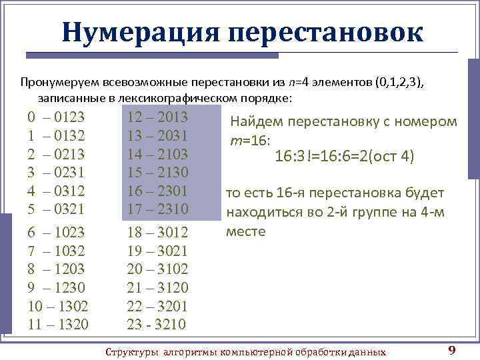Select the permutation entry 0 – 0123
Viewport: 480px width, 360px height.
pos(56,118)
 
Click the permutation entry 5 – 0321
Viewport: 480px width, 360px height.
pos(56,209)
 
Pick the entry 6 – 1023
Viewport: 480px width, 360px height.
pos(56,233)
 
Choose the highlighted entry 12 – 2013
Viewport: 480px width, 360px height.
pos(157,118)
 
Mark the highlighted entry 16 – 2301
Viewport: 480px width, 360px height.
pos(157,191)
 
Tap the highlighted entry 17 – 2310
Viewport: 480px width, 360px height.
pos(157,209)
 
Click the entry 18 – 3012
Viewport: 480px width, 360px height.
pos(157,233)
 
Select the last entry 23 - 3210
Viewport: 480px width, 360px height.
pos(157,325)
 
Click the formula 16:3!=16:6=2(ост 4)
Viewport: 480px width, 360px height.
pos(345,157)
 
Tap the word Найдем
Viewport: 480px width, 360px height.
pos(257,122)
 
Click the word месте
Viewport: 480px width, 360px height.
pos(246,232)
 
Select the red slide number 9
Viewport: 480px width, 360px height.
pos(452,351)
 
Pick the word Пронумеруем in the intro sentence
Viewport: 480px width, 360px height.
pos(59,82)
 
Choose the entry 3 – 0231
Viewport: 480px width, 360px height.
pos(56,173)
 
